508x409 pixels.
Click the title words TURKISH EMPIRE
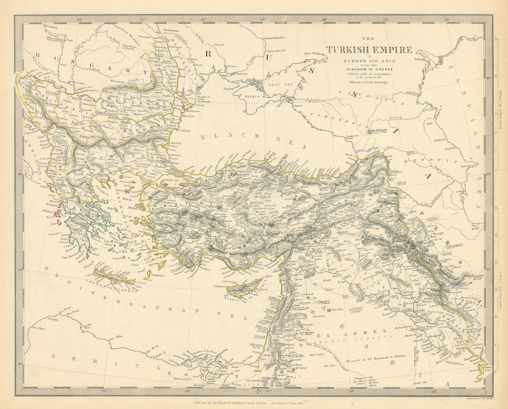click(362, 50)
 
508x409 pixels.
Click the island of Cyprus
click(244, 288)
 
